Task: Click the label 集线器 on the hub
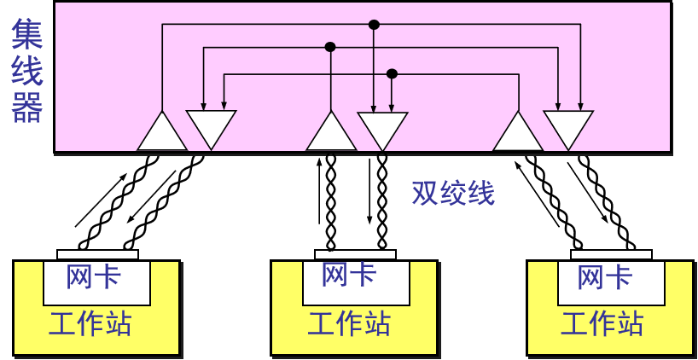point(27,73)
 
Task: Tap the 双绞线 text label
point(452,193)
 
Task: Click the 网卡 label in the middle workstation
point(349,275)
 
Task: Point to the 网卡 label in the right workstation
point(604,277)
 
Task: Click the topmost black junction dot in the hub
point(373,25)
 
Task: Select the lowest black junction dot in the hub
point(392,73)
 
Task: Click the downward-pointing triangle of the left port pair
point(211,127)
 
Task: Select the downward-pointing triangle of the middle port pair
point(381,128)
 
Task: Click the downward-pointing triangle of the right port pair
point(567,127)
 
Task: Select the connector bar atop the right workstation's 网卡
point(611,254)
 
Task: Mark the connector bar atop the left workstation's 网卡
point(97,254)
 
